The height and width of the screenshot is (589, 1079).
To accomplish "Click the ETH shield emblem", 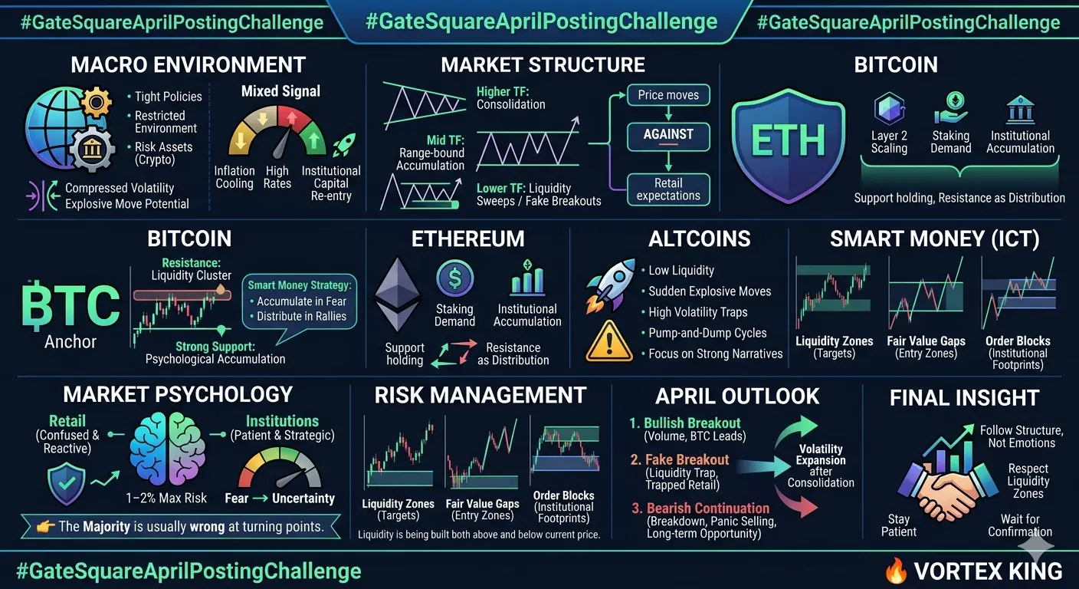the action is (788, 146).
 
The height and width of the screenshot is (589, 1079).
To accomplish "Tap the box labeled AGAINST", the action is (668, 137).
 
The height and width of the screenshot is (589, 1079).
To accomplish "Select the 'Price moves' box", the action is (668, 95).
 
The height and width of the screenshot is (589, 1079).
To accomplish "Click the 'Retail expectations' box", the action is (668, 189).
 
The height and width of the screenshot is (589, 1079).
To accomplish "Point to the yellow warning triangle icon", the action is (609, 342).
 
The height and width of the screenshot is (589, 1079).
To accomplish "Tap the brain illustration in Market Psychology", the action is (167, 448).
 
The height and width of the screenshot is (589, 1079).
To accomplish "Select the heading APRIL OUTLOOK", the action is (737, 397).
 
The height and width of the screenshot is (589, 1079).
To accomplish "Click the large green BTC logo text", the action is (71, 305).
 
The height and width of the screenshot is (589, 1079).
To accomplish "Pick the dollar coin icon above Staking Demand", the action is (454, 278).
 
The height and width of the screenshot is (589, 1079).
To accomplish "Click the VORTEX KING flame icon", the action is (896, 571).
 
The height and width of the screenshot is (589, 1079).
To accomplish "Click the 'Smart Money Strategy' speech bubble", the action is (299, 304).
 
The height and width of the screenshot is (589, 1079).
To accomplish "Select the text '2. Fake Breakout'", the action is (679, 460).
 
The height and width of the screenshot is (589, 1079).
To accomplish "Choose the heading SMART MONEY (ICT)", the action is (934, 239).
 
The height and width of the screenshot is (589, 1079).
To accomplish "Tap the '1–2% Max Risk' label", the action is (166, 498).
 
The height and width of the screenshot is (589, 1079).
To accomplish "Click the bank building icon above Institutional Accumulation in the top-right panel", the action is (1020, 110).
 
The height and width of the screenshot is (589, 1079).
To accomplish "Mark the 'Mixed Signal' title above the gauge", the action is (280, 91).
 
